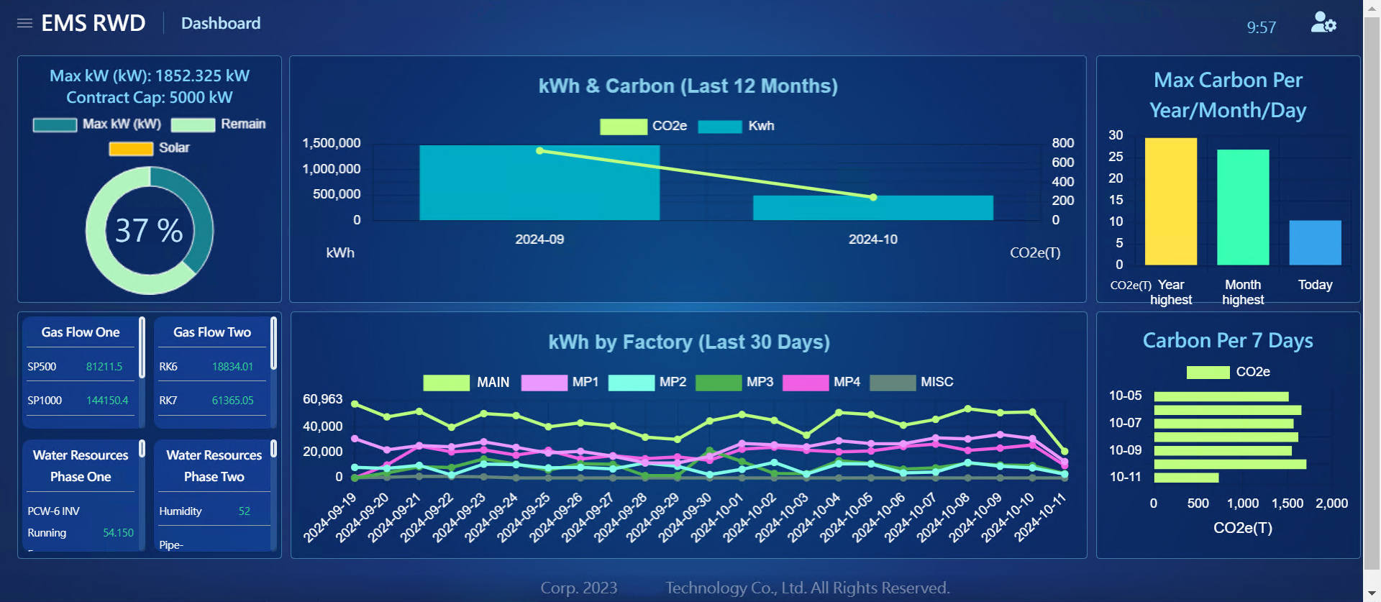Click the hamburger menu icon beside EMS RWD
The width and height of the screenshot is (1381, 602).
coord(24,23)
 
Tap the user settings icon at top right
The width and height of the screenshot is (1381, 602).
coord(1323,22)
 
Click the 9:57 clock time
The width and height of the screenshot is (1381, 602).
coord(1261,27)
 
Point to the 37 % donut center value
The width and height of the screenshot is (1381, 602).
coord(149,231)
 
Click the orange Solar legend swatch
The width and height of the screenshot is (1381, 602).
coord(131,148)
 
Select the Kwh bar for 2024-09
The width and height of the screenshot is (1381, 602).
coord(539,183)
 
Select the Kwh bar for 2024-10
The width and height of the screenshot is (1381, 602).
coord(873,208)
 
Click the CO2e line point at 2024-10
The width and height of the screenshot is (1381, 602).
coord(873,197)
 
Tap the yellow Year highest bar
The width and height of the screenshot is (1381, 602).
coord(1171,201)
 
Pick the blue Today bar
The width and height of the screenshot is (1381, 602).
coord(1315,242)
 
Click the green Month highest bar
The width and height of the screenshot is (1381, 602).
coord(1243,207)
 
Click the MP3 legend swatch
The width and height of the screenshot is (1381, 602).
coord(719,383)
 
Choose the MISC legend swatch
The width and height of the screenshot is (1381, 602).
coord(893,383)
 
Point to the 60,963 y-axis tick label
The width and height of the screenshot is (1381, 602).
coord(322,399)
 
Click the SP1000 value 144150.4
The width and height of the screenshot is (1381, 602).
coord(107,401)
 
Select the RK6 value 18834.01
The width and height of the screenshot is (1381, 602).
coord(232,367)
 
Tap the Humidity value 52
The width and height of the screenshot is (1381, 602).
coord(245,511)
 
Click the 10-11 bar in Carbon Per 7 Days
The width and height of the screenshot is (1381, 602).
coord(1186,478)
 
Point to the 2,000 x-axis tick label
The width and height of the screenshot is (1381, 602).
coord(1331,503)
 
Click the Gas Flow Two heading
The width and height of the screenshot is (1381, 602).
coord(212,332)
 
